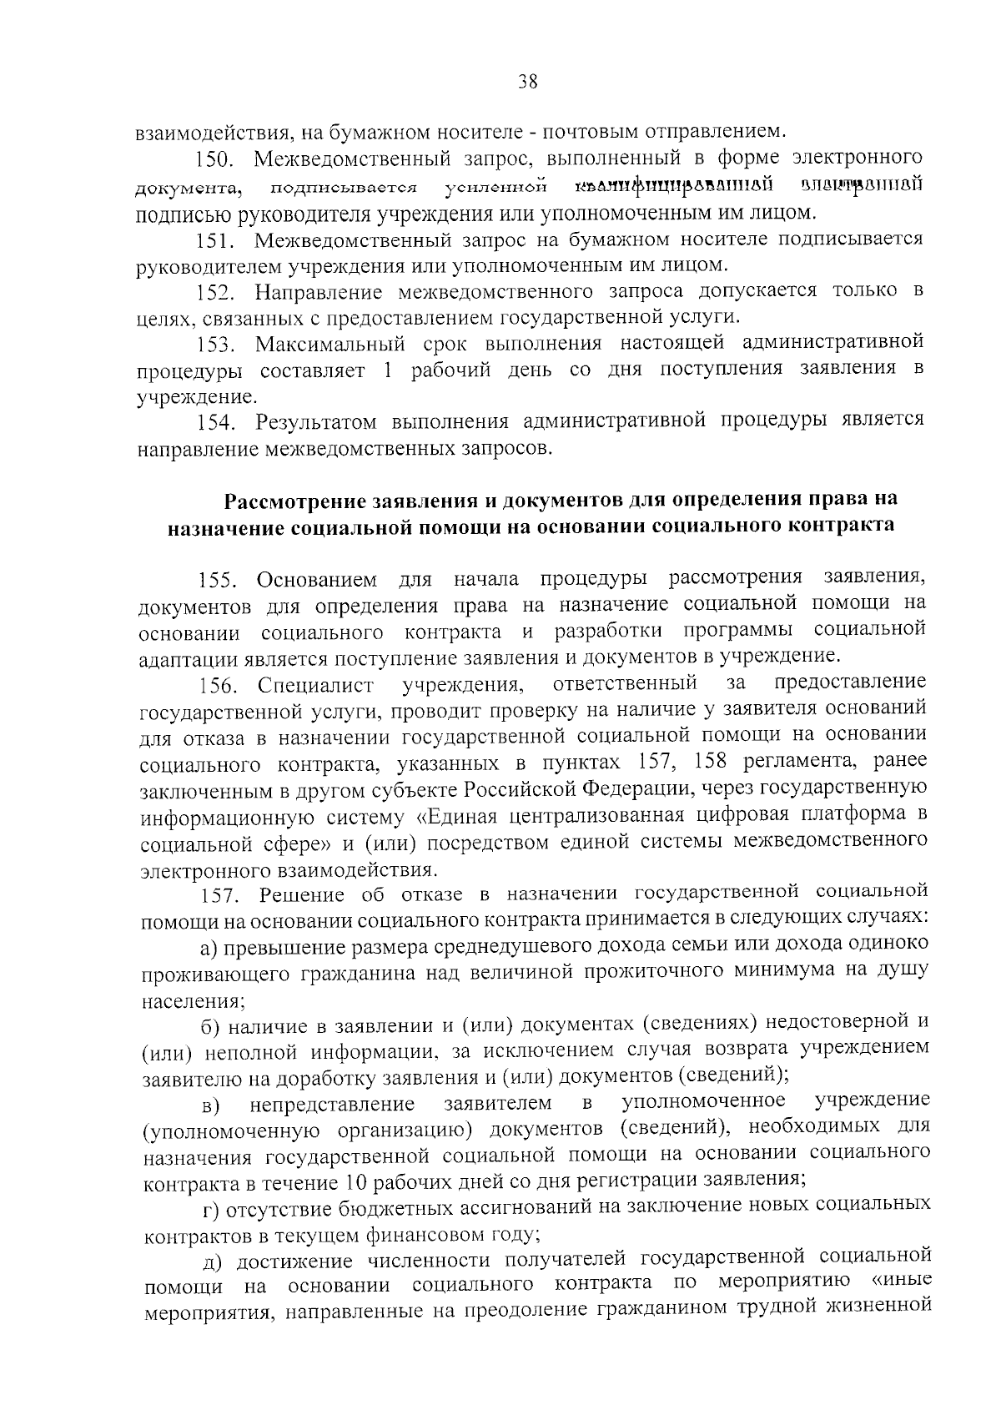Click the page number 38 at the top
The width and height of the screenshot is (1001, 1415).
pyautogui.click(x=527, y=81)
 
